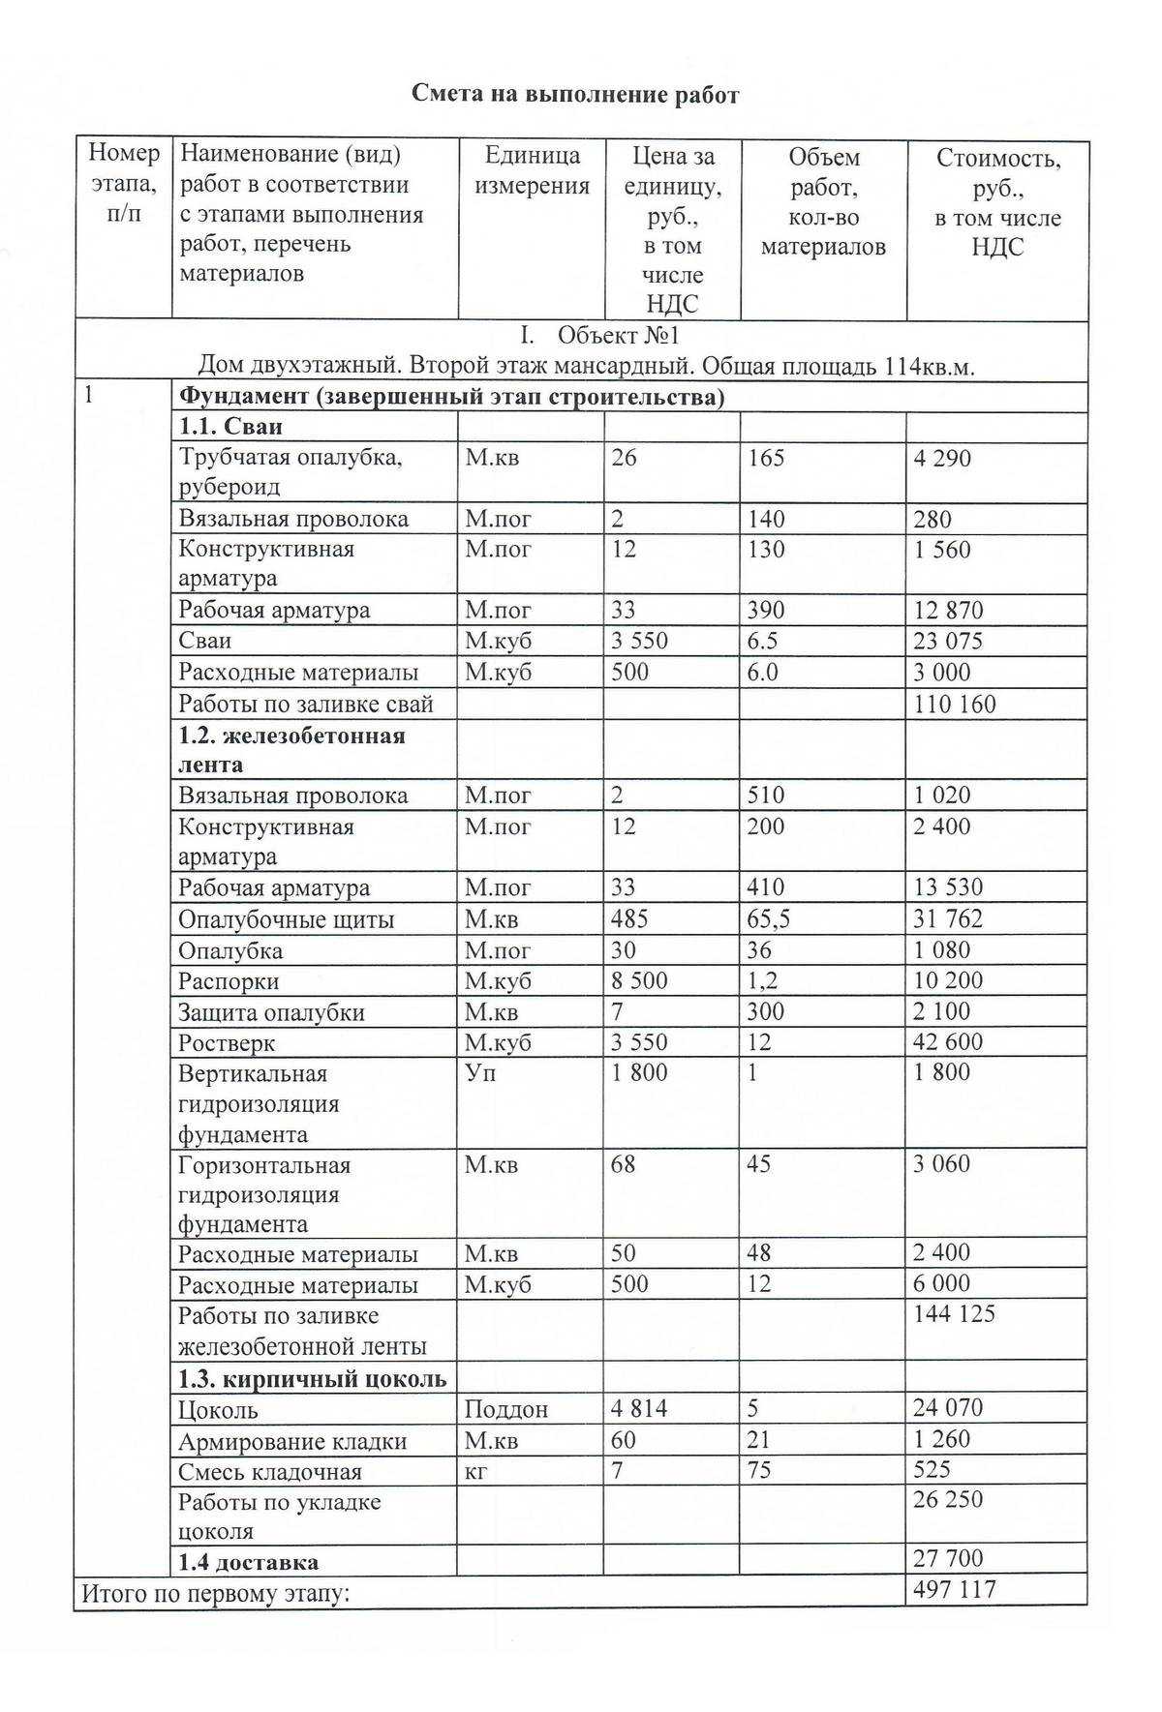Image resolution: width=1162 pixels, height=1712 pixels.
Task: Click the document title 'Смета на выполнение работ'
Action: pyautogui.click(x=575, y=94)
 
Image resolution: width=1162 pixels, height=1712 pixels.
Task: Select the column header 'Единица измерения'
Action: pyautogui.click(x=532, y=171)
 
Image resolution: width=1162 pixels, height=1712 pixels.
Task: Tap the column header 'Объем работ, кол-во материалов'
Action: pyautogui.click(x=823, y=202)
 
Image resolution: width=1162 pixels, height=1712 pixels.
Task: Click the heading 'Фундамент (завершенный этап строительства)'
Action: pyautogui.click(x=451, y=398)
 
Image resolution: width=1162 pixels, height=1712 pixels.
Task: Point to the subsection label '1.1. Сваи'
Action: pyautogui.click(x=230, y=427)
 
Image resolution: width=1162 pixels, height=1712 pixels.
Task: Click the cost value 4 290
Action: pyautogui.click(x=942, y=458)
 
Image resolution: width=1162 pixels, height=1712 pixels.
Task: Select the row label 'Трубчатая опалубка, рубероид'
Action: pyautogui.click(x=290, y=471)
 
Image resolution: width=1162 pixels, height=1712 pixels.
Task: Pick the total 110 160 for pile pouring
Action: pyautogui.click(x=954, y=704)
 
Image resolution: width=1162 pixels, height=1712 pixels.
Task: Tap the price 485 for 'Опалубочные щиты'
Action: pyautogui.click(x=629, y=918)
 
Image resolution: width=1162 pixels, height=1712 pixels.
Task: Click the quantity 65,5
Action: pyautogui.click(x=769, y=918)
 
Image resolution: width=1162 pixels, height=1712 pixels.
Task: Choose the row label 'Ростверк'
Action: pyautogui.click(x=227, y=1043)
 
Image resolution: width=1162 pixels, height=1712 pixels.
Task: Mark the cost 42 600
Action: pyautogui.click(x=948, y=1042)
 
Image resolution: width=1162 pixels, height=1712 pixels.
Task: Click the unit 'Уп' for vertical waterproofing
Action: pyautogui.click(x=480, y=1072)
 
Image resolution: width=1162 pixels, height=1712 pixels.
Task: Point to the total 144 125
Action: pyautogui.click(x=954, y=1313)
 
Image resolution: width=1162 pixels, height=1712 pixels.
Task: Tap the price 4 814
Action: pyautogui.click(x=639, y=1408)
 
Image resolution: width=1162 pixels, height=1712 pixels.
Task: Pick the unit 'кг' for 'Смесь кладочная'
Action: pyautogui.click(x=475, y=1471)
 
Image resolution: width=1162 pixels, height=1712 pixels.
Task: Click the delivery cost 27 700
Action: pyautogui.click(x=948, y=1558)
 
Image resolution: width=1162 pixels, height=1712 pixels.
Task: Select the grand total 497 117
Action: pyautogui.click(x=954, y=1589)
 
